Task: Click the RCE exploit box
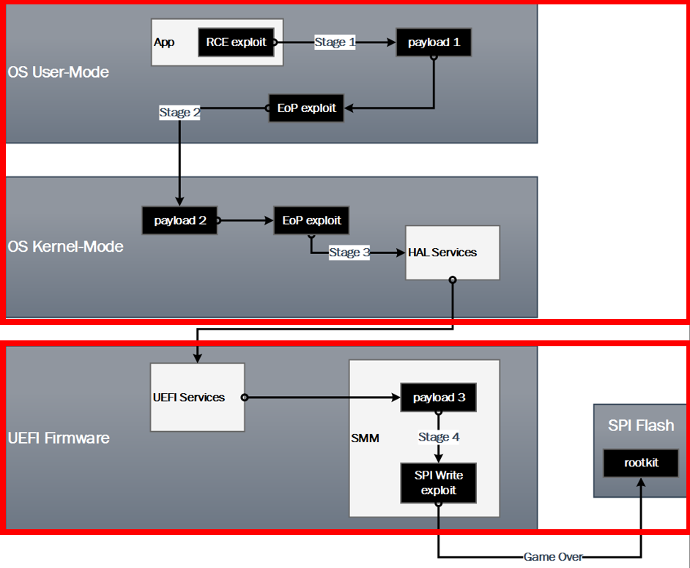coord(236,42)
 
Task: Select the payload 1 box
coord(434,42)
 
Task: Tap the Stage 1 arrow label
coord(335,42)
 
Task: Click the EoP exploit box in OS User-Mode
coord(306,108)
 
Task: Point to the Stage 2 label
coord(179,113)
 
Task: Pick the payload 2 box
coord(179,220)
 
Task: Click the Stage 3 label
coord(349,253)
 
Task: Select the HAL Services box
coord(452,253)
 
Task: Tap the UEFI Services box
coord(197,397)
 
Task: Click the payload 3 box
coord(439,397)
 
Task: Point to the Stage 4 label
coord(439,437)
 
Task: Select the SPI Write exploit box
coord(439,482)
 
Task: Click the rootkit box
coord(641,463)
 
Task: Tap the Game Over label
coord(553,557)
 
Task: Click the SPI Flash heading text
coord(641,425)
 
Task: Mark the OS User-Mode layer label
coord(59,72)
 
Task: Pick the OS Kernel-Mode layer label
coord(65,246)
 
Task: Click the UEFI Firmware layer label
coord(59,438)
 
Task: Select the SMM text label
coord(365,438)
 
